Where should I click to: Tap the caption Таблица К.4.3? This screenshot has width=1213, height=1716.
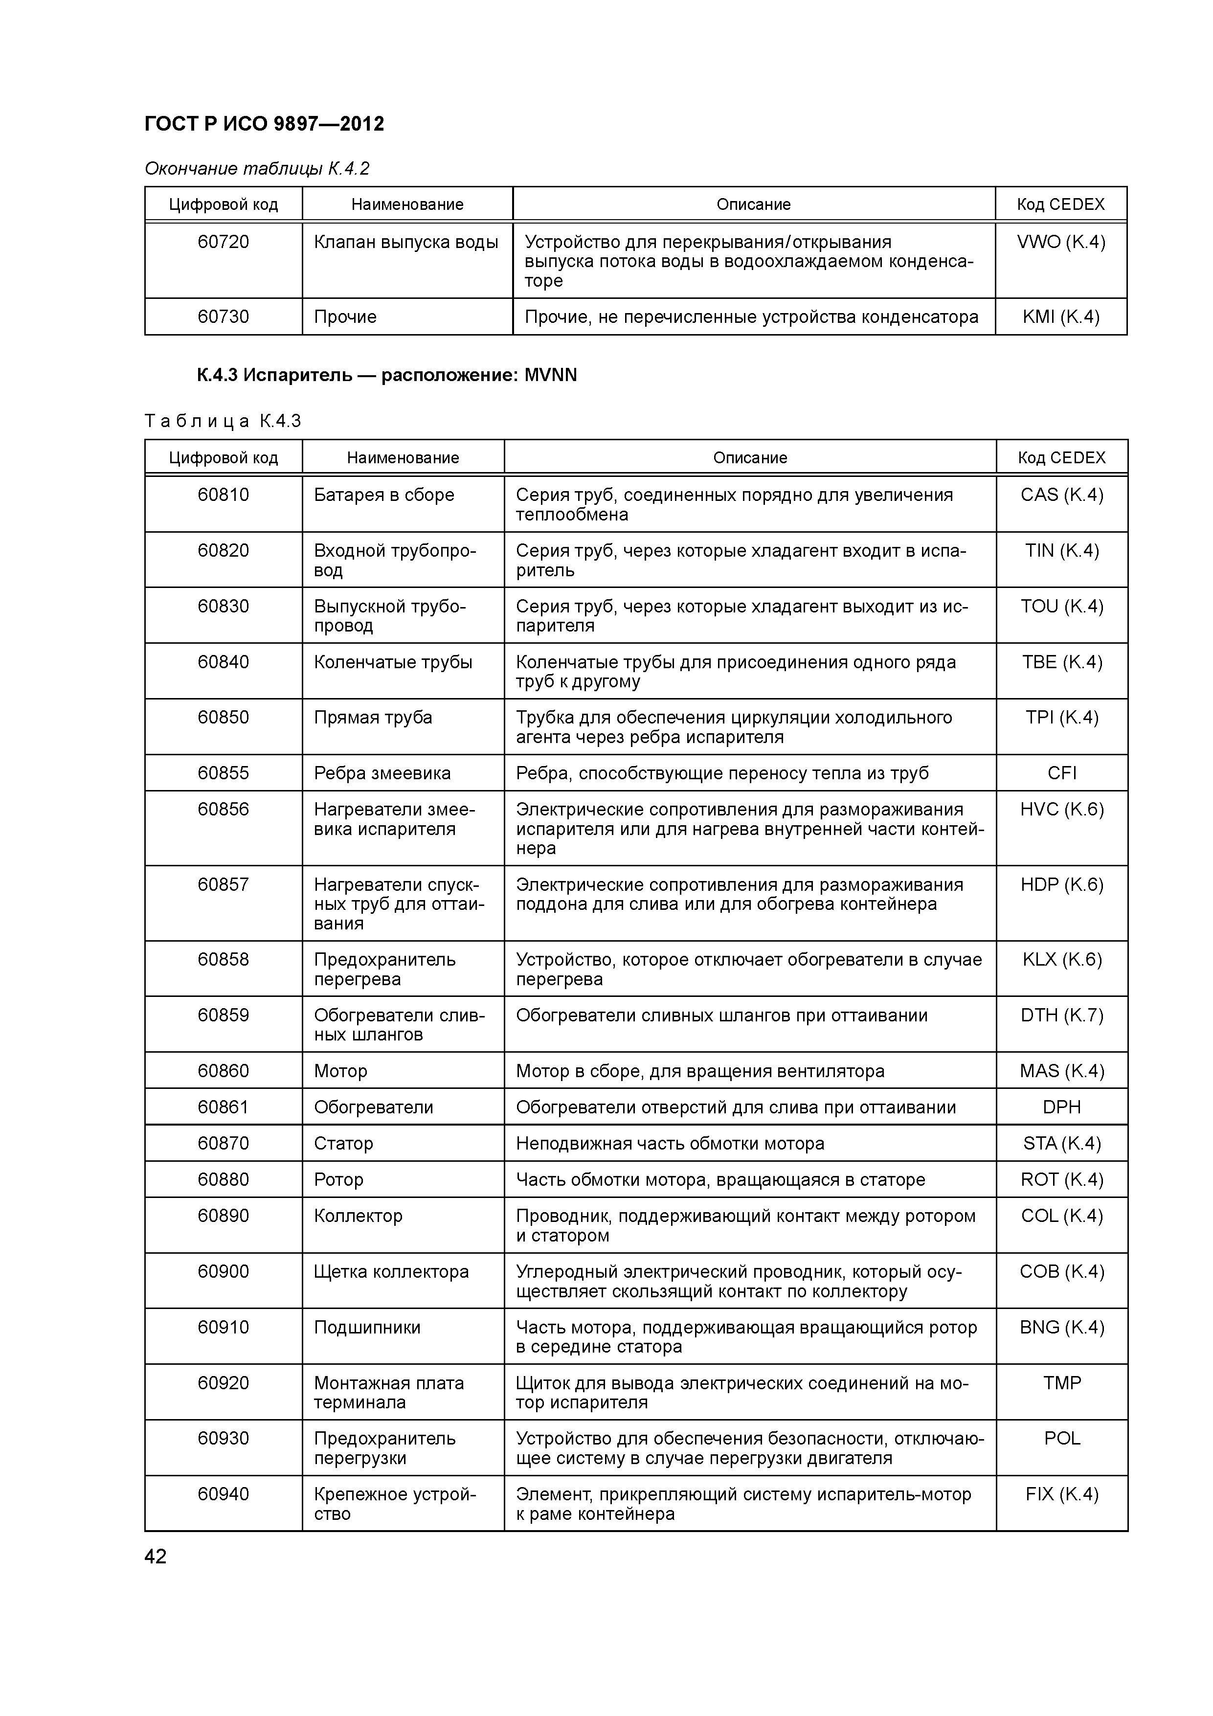222,422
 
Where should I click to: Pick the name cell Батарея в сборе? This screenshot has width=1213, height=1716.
383,495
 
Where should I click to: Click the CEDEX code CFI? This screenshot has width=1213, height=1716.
1061,773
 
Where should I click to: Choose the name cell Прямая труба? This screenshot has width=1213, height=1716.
373,718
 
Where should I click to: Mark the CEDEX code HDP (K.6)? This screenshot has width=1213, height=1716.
1061,885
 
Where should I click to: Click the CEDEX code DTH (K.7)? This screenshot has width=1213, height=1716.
1061,1015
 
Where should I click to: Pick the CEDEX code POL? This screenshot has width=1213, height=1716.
1061,1438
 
